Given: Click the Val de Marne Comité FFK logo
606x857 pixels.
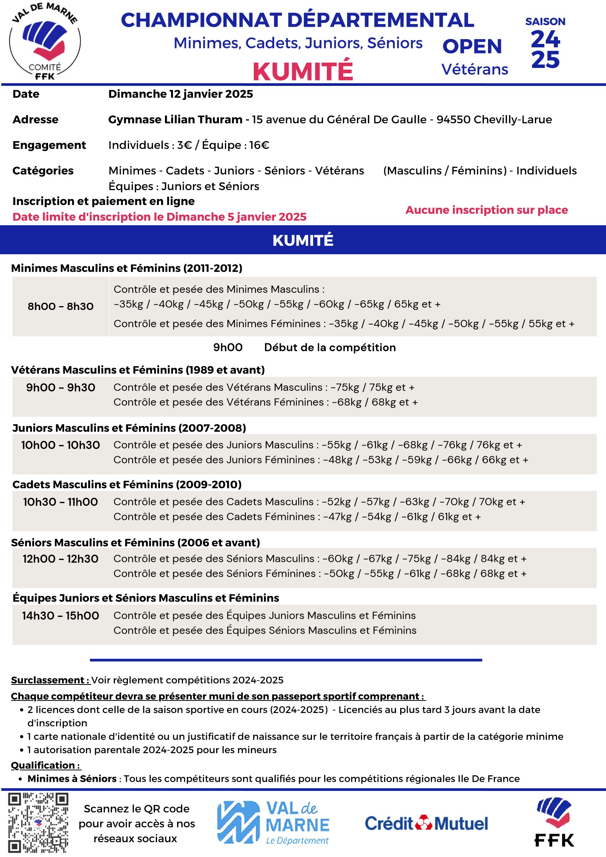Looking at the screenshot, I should click(x=45, y=42).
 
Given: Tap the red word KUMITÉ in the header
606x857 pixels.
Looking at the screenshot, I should click(x=303, y=71).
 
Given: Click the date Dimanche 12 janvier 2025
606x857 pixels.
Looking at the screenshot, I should click(x=181, y=94).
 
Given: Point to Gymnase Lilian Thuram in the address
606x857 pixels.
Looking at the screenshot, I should click(x=175, y=119).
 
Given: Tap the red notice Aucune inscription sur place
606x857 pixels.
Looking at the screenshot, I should click(x=486, y=210).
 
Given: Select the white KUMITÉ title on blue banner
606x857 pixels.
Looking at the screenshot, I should click(x=303, y=240).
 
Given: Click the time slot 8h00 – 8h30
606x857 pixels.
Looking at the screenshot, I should click(x=60, y=306).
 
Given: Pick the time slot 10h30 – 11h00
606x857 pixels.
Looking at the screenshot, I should click(x=60, y=502).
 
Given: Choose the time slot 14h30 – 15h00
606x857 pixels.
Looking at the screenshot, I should click(x=60, y=615).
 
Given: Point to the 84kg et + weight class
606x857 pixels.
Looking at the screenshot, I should click(x=503, y=558).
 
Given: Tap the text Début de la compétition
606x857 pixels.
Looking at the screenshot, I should click(x=330, y=347).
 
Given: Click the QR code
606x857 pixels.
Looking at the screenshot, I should click(x=38, y=823).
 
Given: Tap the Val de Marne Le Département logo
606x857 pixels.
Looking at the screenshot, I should click(x=273, y=822).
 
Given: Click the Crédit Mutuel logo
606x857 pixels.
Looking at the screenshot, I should click(x=426, y=823).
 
